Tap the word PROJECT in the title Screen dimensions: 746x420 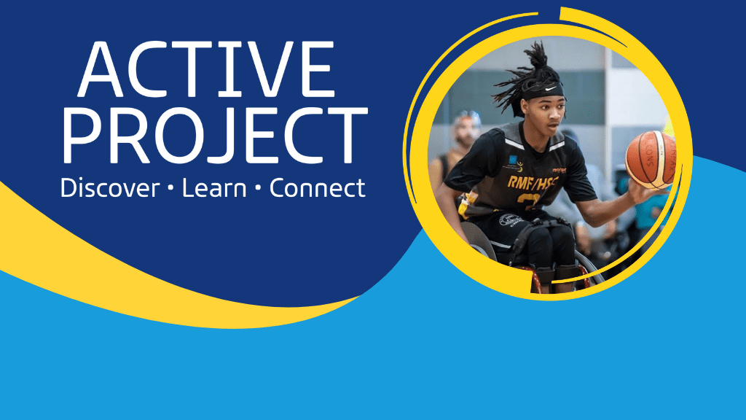point(215,136)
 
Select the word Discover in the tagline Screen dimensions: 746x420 point(110,188)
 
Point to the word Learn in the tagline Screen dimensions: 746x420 point(214,188)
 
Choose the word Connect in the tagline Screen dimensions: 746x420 point(318,188)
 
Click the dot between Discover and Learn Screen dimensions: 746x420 point(170,189)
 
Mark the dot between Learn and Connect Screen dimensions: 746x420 point(258,189)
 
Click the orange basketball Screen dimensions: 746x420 point(651,159)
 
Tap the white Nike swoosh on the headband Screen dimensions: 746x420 point(551,88)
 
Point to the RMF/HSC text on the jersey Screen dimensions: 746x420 point(533,182)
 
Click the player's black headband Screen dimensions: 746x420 point(542,90)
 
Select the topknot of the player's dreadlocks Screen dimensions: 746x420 point(538,55)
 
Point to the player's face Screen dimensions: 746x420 point(547,117)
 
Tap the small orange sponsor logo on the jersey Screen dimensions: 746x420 point(559,169)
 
